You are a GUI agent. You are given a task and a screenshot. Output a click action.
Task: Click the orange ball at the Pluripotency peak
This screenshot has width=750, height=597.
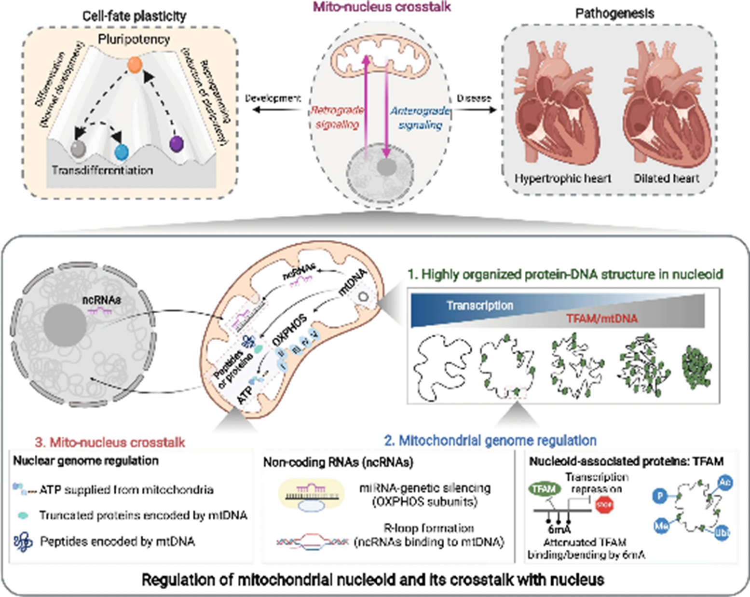pos(135,65)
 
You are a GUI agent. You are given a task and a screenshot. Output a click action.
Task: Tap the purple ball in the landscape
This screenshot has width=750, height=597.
pos(177,143)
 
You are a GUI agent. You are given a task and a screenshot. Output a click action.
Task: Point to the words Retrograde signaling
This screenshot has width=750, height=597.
pos(337,117)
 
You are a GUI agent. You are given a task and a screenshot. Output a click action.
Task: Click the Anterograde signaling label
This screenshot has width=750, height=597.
pos(420,118)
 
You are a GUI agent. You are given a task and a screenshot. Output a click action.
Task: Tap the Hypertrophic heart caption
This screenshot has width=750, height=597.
pos(562,178)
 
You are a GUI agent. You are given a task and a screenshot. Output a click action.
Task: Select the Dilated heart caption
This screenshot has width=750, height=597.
pos(666,178)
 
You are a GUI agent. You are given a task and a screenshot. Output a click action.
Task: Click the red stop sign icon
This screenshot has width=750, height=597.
pos(604,505)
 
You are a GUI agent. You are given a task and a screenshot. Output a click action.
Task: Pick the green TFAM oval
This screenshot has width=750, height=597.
pos(544,489)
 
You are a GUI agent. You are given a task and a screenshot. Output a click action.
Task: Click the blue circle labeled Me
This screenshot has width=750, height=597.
pos(661,526)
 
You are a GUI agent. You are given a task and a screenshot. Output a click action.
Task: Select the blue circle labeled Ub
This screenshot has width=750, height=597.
pos(722,533)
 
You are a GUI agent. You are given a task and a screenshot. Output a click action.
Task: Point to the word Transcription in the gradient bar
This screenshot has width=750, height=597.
pos(479,305)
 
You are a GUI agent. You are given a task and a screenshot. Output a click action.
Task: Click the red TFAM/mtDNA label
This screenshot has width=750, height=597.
pos(601,319)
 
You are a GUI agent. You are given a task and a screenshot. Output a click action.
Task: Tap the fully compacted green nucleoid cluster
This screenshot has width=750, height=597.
pos(696,365)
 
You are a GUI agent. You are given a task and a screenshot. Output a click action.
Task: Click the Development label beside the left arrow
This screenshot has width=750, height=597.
pos(273,98)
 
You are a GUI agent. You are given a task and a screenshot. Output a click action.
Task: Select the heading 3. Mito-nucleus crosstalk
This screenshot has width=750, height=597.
pos(110,442)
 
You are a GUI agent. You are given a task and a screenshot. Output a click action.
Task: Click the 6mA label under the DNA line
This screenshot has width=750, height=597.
pos(559,530)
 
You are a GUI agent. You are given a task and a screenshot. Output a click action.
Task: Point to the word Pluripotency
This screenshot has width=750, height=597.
pos(134,39)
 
